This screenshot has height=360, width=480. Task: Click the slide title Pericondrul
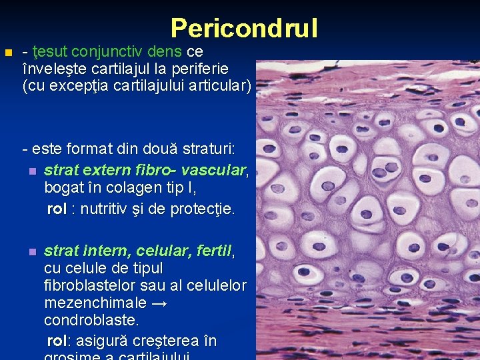point(244,28)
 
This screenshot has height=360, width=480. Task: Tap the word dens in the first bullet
point(169,51)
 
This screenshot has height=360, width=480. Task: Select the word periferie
point(199,69)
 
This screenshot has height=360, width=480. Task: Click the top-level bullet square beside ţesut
point(7,52)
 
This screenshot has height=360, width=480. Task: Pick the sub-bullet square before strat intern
point(31,252)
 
